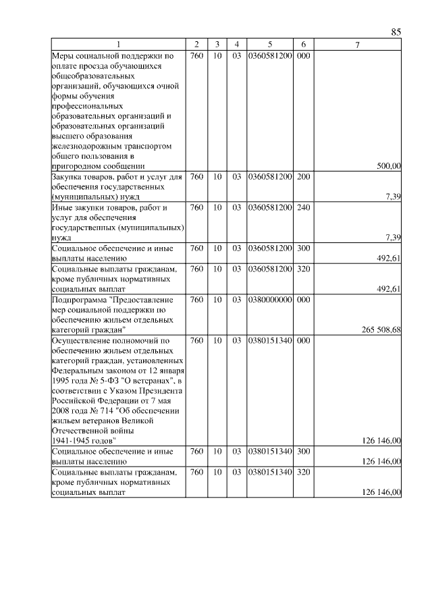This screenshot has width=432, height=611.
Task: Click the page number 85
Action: pos(396,32)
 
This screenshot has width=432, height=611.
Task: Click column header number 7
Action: pos(358,45)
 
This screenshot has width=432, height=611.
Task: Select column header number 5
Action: pos(269,45)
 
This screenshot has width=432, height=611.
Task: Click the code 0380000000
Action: pos(269,299)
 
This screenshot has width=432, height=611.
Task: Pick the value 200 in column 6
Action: pos(303,177)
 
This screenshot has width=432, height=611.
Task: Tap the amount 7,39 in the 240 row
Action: pos(393,237)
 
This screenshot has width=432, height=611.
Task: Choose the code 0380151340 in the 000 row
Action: pos(269,340)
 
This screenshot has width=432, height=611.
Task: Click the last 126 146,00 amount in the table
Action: pos(382,492)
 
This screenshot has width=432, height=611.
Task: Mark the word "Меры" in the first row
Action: pos(63,55)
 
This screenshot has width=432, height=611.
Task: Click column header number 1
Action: pos(118,45)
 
